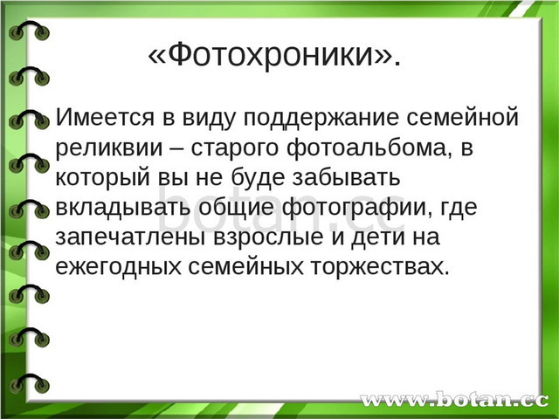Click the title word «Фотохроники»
(274, 54)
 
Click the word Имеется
(105, 116)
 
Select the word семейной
(462, 116)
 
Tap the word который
(103, 178)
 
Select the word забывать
(346, 176)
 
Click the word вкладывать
(122, 208)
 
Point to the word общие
(237, 209)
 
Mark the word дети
(378, 237)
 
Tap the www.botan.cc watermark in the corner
(454, 400)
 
